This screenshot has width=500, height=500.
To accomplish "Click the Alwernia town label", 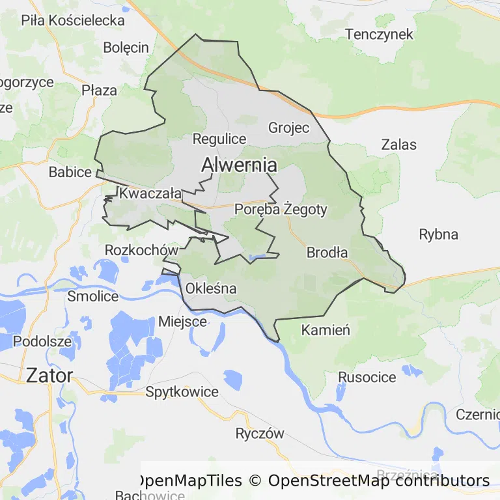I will point(239,165).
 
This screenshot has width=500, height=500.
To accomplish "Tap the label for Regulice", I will point(219,139).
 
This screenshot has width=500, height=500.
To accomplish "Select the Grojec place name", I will point(288,127).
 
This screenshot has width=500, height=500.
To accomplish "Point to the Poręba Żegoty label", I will point(281,210).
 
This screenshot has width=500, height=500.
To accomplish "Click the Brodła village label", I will point(327,253).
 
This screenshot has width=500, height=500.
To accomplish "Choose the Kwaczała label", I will point(150,193).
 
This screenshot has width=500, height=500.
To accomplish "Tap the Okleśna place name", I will point(211,288).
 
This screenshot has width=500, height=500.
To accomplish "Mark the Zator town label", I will point(49,375).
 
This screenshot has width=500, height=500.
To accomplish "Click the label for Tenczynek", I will point(379,35).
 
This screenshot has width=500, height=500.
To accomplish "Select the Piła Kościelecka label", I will point(73,20).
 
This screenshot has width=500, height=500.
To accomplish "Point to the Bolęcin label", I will point(126,48).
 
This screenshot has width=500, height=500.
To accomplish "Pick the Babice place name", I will point(70,173).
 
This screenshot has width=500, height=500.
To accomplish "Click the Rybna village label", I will point(438,234).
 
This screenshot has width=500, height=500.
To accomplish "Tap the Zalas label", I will point(399,145).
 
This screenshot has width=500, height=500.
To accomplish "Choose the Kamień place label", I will point(326,331).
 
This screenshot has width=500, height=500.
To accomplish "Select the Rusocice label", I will point(367,378).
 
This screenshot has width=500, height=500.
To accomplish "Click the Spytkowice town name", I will point(182,392).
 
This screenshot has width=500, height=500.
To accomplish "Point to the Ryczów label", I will point(260,434).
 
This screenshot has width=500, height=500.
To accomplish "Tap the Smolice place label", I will point(93,296).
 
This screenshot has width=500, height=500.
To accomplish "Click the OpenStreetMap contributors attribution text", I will point(378,481).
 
